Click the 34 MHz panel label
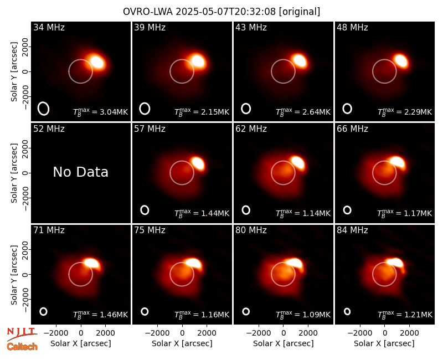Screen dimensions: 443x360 (x=49, y=27)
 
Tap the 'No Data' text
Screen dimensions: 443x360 (x=81, y=172)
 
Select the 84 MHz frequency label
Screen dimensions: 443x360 (x=352, y=230)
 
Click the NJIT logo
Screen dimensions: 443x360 (x=22, y=333)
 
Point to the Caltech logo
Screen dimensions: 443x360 (x=22, y=347)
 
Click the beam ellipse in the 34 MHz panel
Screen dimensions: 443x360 (x=44, y=109)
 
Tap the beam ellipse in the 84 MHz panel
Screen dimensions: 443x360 (x=347, y=311)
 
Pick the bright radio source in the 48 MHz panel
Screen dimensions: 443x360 (x=401, y=61)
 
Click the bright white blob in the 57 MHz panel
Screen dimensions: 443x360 (x=198, y=163)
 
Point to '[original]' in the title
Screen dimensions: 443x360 (x=300, y=12)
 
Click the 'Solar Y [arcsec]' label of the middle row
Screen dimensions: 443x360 (x=14, y=173)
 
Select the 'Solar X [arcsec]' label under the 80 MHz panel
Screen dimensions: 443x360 (x=284, y=343)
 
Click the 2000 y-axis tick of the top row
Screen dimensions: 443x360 (x=25, y=47)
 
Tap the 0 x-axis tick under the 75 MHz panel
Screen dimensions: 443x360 (x=182, y=333)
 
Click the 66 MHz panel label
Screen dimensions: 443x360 (x=352, y=129)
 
